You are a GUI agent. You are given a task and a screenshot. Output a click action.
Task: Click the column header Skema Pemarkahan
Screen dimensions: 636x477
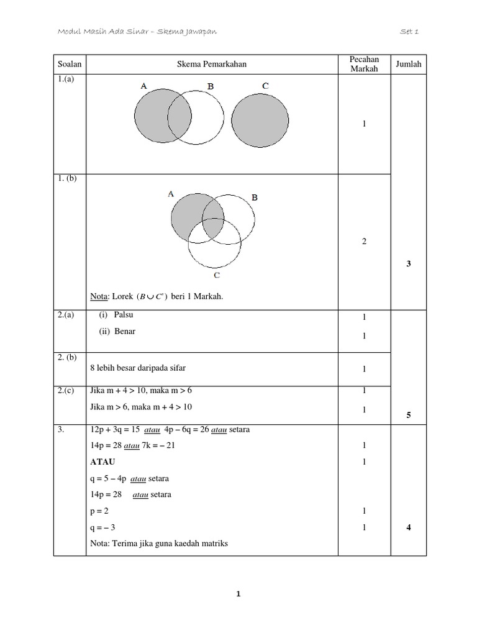click(x=207, y=63)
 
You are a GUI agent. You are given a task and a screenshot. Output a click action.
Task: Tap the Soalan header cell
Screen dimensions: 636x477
click(x=70, y=63)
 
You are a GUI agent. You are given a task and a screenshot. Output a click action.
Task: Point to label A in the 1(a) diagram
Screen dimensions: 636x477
click(x=143, y=87)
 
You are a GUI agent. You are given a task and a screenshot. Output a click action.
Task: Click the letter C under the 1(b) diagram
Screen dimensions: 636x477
click(x=216, y=274)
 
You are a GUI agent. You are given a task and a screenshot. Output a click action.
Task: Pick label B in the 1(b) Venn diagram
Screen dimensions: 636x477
click(x=253, y=198)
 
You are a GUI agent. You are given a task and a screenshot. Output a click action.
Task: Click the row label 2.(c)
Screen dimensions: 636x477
click(x=65, y=390)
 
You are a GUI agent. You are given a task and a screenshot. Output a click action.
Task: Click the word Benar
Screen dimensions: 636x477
click(x=124, y=331)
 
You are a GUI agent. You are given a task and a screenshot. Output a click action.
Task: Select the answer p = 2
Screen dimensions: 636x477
click(x=99, y=511)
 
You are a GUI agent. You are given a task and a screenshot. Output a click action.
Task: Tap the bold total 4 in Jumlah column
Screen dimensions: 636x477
click(x=409, y=527)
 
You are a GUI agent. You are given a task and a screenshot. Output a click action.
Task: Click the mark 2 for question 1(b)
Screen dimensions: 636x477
click(x=364, y=242)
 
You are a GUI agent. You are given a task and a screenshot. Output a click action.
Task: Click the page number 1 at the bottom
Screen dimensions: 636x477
click(x=238, y=594)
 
